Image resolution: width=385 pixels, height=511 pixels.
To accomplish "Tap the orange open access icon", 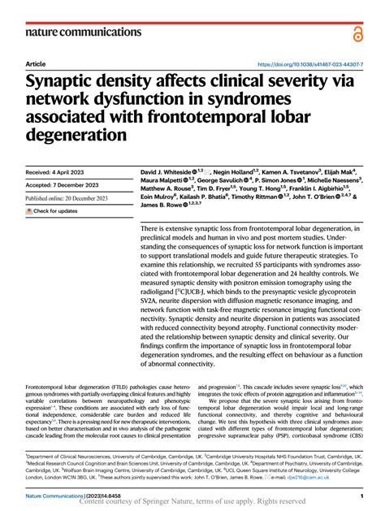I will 357,32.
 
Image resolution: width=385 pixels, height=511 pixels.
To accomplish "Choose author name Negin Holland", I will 236,172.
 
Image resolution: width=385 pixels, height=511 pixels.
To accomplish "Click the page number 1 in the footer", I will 360,495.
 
